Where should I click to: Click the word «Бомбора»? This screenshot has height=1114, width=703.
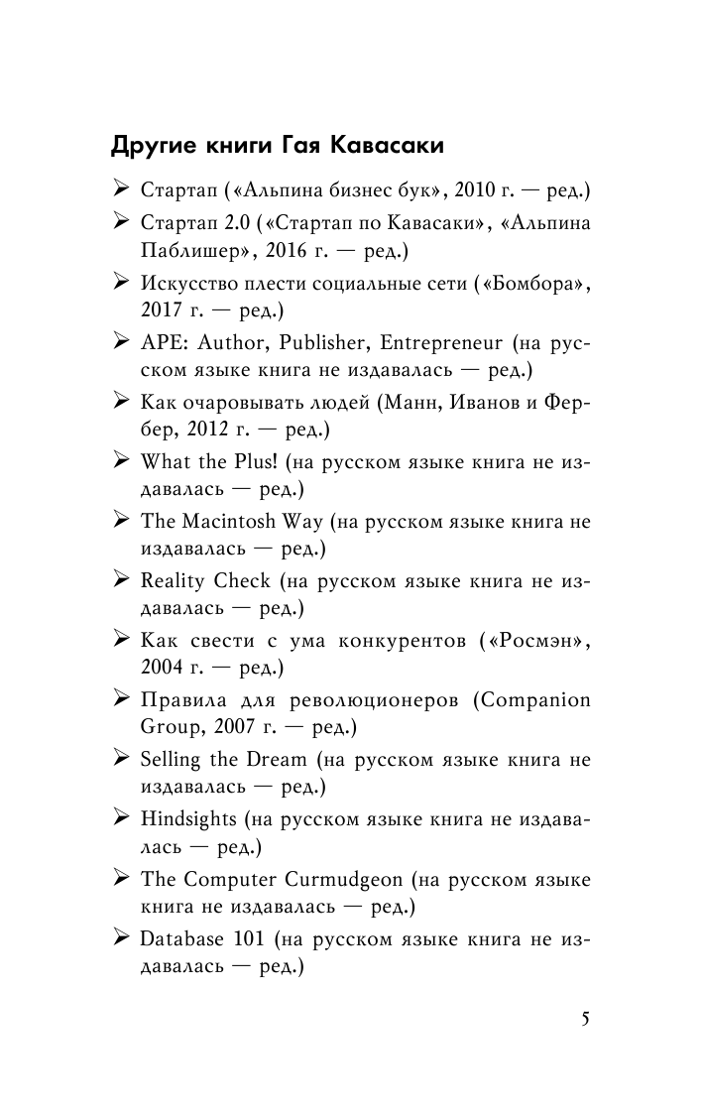(532, 285)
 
